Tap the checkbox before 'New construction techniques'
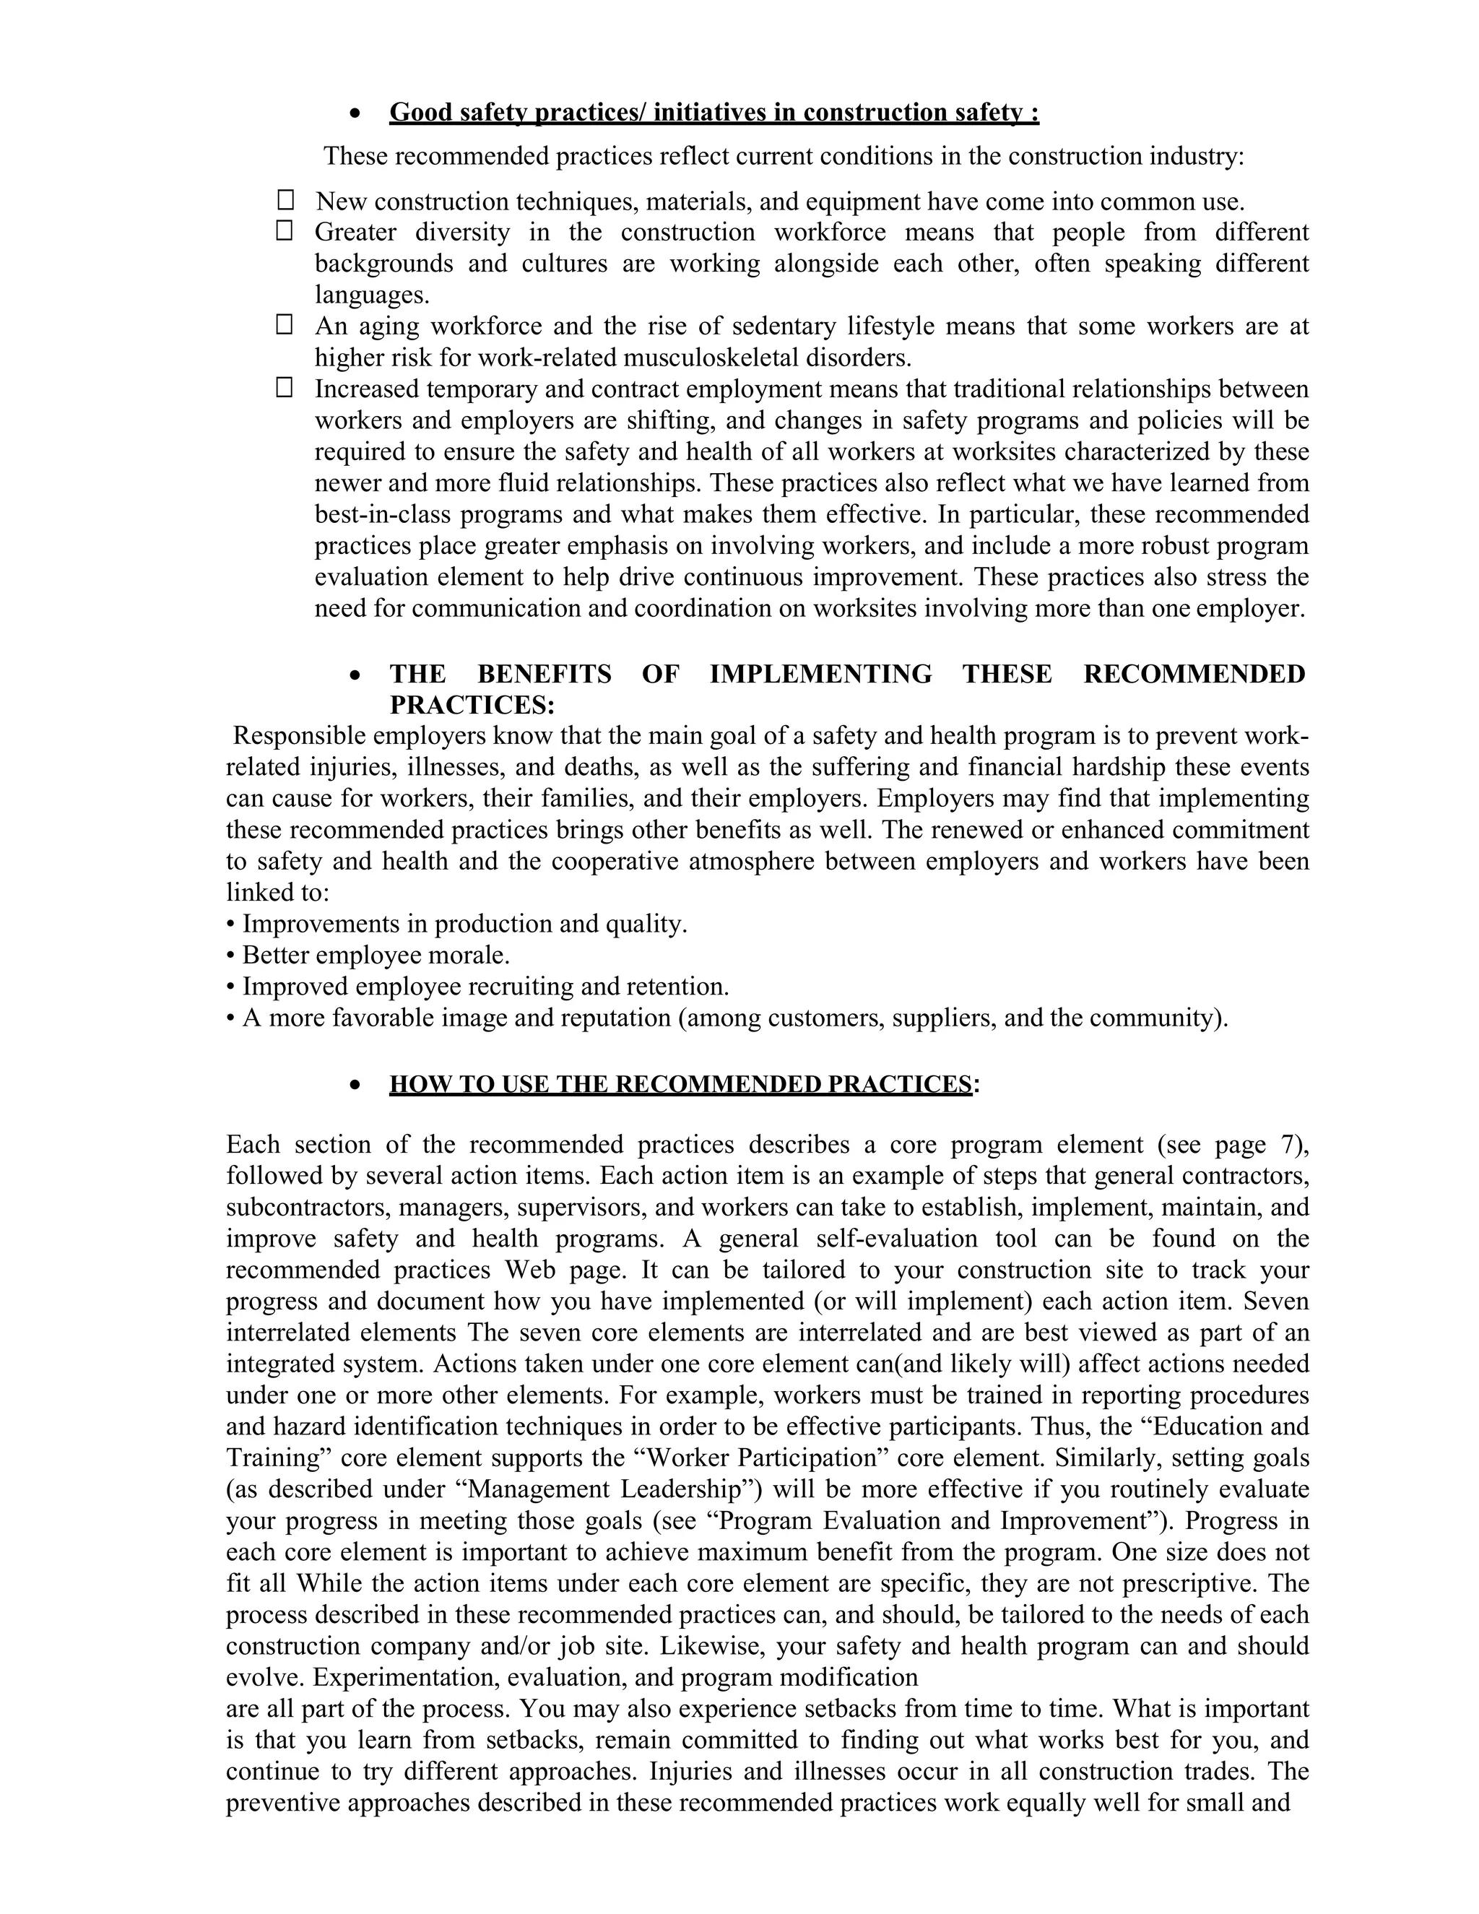[x=285, y=200]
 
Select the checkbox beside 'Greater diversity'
[x=285, y=231]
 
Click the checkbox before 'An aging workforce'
[x=285, y=325]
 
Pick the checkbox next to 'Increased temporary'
[x=285, y=387]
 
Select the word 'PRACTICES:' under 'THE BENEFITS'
[x=472, y=705]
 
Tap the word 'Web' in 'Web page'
[x=525, y=1270]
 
